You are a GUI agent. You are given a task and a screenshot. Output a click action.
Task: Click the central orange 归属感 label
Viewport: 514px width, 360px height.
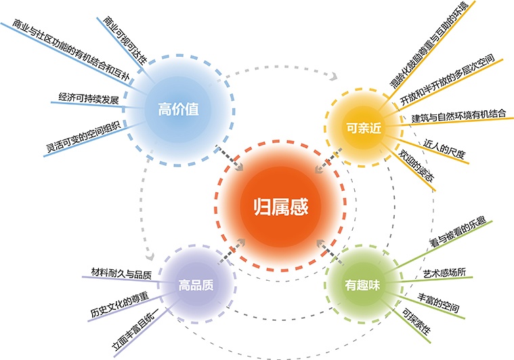coord(281,207)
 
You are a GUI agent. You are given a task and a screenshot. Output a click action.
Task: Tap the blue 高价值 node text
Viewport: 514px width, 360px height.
coord(178,109)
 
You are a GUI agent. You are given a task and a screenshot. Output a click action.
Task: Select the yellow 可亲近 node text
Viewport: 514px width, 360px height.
coord(364,128)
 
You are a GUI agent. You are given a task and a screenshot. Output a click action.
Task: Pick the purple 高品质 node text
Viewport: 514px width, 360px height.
coord(196,285)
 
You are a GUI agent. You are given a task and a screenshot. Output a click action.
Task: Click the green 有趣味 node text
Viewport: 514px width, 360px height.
coord(362,285)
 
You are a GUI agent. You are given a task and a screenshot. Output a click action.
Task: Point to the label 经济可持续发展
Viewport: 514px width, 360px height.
coord(89,98)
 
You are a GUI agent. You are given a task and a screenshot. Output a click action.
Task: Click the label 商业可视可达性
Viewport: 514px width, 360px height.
coord(125,40)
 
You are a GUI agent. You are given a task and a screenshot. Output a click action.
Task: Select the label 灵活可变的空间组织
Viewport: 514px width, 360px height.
coord(83,136)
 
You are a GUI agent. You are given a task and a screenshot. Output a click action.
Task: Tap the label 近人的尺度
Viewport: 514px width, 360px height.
coord(444,149)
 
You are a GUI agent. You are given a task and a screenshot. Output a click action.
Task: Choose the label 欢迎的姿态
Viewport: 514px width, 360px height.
coord(416,165)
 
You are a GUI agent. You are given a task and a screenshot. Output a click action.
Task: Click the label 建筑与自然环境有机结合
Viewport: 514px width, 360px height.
coord(459,116)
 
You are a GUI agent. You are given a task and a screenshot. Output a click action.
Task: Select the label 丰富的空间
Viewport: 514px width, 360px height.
coord(438,302)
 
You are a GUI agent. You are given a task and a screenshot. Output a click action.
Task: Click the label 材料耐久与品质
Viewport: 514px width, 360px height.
coord(121,273)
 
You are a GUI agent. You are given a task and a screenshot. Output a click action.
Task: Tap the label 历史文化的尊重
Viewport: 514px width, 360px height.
coord(119,304)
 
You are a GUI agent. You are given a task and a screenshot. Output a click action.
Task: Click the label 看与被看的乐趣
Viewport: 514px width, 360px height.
coord(458,232)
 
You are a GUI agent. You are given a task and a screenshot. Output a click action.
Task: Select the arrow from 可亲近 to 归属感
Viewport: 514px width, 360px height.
coord(328,160)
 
